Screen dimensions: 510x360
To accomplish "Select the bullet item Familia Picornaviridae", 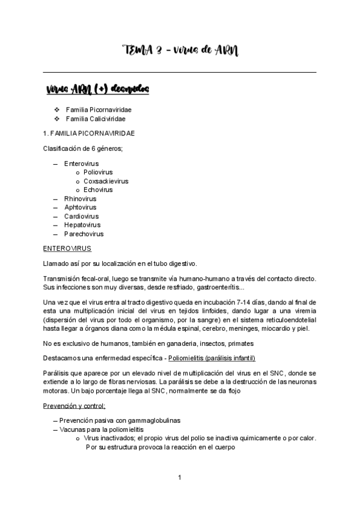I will click(99, 110).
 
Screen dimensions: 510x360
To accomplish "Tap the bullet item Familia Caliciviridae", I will click(96, 119).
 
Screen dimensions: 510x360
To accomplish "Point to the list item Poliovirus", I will click(98, 172).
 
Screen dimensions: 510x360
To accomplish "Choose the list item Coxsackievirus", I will click(106, 181).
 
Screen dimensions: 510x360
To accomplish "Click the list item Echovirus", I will click(98, 189).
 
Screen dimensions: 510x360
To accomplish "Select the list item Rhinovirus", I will click(80, 198).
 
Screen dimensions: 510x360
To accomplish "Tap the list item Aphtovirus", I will click(81, 207).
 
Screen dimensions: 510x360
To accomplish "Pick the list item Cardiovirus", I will click(82, 216).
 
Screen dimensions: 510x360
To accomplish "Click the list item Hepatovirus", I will click(82, 225).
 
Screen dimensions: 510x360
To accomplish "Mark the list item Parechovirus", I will click(84, 234).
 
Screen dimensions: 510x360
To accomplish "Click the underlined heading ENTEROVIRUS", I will click(67, 248).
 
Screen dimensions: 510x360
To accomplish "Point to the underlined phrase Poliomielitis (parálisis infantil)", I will click(212, 358).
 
